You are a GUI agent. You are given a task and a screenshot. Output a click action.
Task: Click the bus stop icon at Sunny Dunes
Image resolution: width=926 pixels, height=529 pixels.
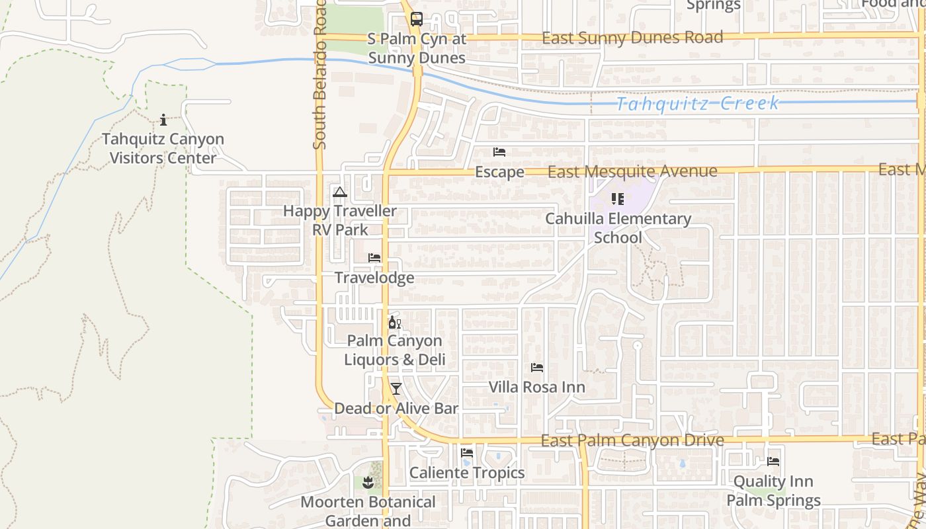pos(416,19)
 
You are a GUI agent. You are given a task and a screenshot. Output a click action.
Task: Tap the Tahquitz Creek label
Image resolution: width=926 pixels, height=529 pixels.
pos(698,103)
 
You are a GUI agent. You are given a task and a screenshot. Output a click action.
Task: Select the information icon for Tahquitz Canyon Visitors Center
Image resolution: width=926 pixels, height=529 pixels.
pos(163,120)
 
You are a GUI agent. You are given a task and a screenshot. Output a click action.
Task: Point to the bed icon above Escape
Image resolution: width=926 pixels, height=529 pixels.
pos(499,152)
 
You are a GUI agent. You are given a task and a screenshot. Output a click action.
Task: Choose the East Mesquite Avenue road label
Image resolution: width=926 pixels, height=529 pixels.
pos(632,172)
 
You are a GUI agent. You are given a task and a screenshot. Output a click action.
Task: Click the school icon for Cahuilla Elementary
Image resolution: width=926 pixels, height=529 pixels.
pos(618,199)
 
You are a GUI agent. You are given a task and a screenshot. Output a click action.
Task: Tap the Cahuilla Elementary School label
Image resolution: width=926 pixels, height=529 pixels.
pos(618,228)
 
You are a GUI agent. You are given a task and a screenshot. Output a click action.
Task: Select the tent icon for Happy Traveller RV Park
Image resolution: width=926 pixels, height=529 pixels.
pos(340,192)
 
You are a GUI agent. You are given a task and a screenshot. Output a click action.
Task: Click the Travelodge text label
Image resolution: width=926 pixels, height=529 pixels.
pos(374,278)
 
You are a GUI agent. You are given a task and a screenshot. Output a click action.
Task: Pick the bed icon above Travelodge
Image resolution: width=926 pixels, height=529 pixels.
pos(374,258)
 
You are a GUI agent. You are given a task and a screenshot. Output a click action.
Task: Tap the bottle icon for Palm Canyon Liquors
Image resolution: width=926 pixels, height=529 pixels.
pos(394,323)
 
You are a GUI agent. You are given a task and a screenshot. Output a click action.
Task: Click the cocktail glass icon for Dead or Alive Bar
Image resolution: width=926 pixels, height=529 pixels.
pos(396,389)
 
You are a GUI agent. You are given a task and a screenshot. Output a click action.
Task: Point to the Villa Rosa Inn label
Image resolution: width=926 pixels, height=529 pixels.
pos(536,387)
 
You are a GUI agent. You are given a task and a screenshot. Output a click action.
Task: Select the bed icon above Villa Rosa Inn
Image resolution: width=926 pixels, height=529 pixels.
pos(536,368)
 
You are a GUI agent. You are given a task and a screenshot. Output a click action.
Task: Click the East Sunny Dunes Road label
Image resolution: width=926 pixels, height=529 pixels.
pos(632,38)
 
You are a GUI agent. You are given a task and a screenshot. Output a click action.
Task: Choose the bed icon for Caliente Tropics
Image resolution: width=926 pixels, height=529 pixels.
pos(467,454)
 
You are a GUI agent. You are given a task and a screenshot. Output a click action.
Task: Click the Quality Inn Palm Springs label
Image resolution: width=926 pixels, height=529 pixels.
pos(773,491)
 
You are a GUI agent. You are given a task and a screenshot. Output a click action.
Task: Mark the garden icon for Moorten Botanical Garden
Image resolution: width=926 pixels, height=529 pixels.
pos(368,483)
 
